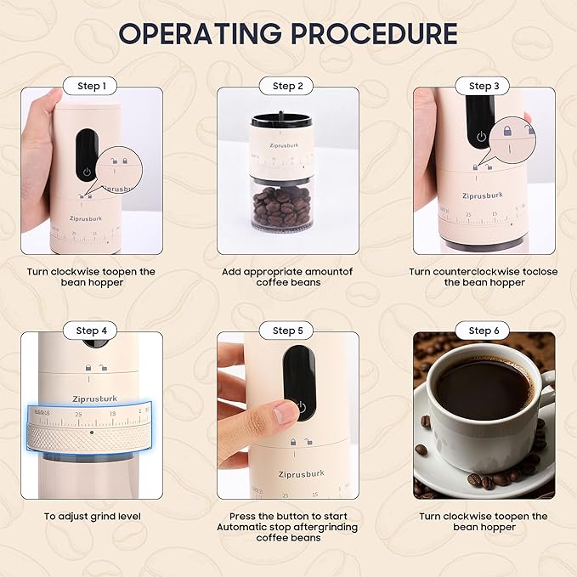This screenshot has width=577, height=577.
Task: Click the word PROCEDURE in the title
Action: point(374,33)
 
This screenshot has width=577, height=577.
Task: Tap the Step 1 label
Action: point(91,86)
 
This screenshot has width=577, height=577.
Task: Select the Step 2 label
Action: point(288,86)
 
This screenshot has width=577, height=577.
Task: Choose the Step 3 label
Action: point(484,86)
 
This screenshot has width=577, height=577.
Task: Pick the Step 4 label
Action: point(91,331)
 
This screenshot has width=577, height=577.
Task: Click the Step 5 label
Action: point(288,331)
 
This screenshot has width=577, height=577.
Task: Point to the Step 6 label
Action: point(484,331)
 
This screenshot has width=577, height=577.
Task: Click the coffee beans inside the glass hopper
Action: point(283,206)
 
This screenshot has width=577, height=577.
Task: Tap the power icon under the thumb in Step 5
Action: point(299,409)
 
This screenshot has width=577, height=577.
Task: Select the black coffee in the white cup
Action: point(482,389)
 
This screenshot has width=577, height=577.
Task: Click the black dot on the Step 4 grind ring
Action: point(91,431)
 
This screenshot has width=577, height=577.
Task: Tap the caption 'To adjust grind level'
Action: point(92,516)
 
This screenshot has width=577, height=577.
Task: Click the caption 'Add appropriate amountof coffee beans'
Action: point(288,277)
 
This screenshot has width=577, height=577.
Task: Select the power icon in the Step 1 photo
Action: point(86,171)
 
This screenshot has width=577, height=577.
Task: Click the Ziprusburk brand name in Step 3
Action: point(482,195)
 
